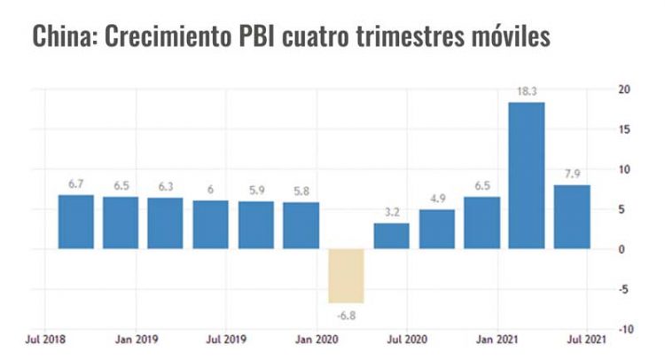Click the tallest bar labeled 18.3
point(527,176)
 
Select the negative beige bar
point(346,276)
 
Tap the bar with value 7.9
point(572,216)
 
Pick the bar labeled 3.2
point(391,236)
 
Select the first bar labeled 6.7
point(75,222)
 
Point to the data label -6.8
point(346,314)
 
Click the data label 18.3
point(527,90)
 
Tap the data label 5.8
point(301,191)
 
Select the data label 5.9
point(255,190)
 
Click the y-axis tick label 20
point(624,90)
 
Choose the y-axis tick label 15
point(624,129)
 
